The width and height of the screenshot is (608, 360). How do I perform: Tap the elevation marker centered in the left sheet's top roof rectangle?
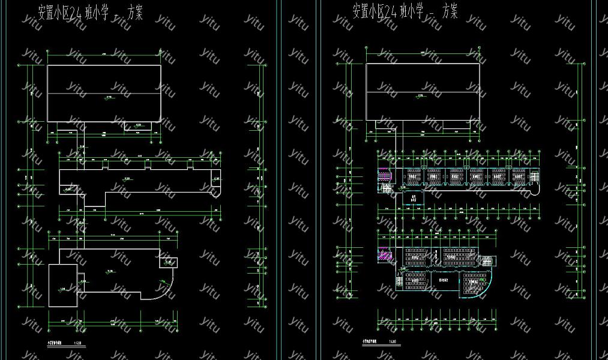pos(109,97)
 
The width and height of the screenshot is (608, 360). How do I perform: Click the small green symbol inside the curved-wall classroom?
pos(481,279)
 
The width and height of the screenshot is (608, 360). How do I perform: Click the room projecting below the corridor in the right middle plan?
pos(412,197)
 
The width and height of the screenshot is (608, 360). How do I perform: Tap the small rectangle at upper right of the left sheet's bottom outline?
pos(168,262)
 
